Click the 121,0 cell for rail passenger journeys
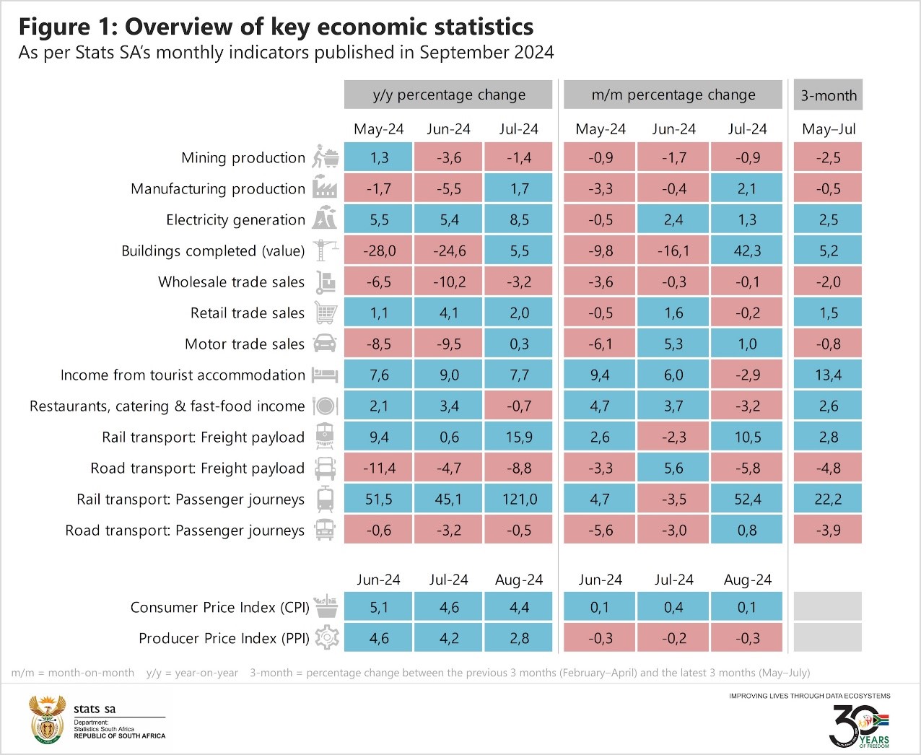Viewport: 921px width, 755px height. click(x=519, y=499)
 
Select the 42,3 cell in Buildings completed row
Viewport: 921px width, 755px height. click(x=746, y=251)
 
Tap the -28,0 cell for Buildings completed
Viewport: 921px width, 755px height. click(x=378, y=251)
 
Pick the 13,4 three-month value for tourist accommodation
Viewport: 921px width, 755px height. click(x=828, y=375)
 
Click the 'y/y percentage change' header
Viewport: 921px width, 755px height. click(x=448, y=95)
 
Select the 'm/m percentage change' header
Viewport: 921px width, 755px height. click(x=673, y=95)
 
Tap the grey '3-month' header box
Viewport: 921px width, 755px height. click(x=828, y=95)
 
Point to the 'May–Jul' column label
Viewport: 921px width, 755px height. click(x=828, y=129)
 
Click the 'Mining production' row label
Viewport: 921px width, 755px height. click(x=243, y=158)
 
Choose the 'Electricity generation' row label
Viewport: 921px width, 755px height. click(x=235, y=220)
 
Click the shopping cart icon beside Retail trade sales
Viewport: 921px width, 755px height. click(x=326, y=313)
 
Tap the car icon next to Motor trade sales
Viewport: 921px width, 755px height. click(x=325, y=344)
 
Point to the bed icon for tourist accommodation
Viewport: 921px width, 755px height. click(x=325, y=375)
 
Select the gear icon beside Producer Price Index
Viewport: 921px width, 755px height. click(x=327, y=638)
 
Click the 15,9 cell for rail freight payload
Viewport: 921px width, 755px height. click(x=519, y=437)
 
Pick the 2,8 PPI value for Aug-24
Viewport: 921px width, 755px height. click(x=519, y=638)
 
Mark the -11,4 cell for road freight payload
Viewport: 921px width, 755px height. click(x=378, y=468)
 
